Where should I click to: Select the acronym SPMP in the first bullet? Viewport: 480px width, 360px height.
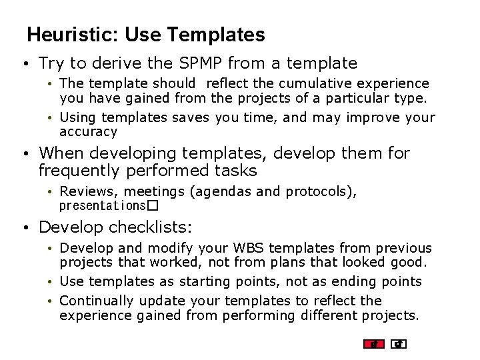(x=199, y=63)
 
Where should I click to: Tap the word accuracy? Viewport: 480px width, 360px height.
(x=88, y=132)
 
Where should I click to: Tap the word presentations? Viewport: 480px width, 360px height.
(x=102, y=205)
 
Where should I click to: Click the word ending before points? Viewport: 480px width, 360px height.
(x=352, y=281)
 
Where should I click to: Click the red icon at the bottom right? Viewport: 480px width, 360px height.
(x=374, y=344)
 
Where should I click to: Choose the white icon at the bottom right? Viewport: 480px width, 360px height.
(x=399, y=344)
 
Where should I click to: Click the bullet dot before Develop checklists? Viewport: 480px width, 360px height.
(x=24, y=228)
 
